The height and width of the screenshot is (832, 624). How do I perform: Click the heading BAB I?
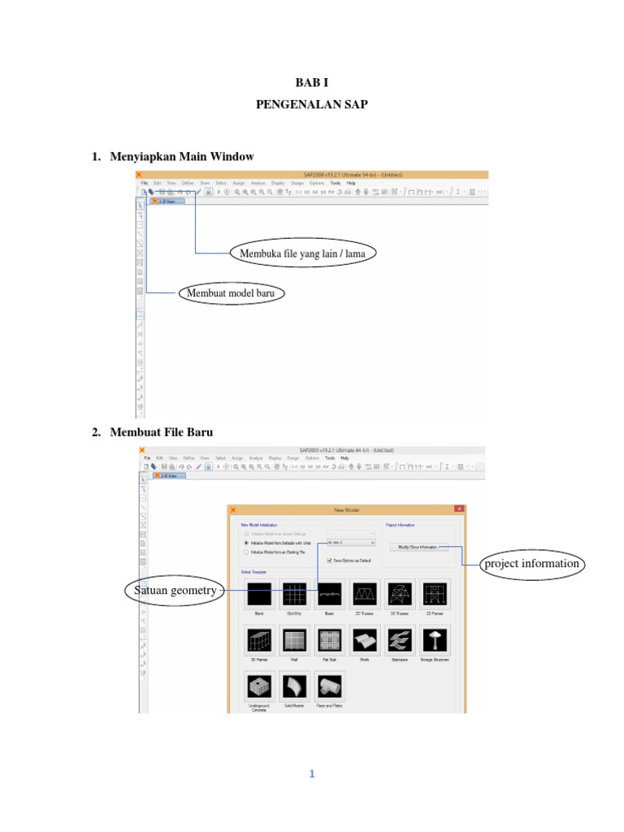click(x=311, y=82)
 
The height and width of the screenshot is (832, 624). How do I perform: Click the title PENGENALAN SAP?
click(x=311, y=105)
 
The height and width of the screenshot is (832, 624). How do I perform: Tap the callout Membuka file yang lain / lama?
click(x=302, y=253)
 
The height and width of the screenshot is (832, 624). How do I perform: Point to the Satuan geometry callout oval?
click(x=175, y=591)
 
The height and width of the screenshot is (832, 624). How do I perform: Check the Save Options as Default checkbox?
click(x=328, y=561)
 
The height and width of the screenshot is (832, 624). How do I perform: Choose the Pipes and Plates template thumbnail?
click(x=328, y=687)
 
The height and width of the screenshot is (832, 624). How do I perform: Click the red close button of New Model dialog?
click(x=459, y=509)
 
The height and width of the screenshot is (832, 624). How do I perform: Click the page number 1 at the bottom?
click(x=311, y=774)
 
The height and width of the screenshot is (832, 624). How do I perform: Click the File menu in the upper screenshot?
click(x=143, y=184)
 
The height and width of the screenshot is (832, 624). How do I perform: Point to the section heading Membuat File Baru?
click(x=161, y=432)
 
